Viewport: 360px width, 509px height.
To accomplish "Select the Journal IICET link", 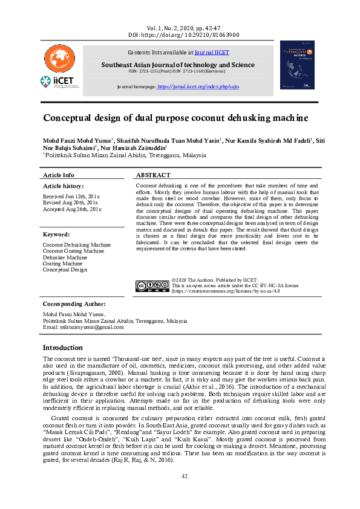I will coord(212,53).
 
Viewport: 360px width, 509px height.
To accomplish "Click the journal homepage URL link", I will coord(198,87).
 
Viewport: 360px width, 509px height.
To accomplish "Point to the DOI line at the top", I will coord(184,35).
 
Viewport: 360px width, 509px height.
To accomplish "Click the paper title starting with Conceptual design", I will coord(175,118).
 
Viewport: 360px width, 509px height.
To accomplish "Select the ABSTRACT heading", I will coord(154,175).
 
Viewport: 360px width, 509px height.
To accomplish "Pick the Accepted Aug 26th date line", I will coord(72,209).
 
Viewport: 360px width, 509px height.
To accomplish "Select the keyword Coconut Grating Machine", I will coord(73,251).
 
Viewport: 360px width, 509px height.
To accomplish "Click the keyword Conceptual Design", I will coord(65,270).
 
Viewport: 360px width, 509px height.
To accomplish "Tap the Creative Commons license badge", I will coord(152,286).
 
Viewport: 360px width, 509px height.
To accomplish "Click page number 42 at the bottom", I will coord(184,476).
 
